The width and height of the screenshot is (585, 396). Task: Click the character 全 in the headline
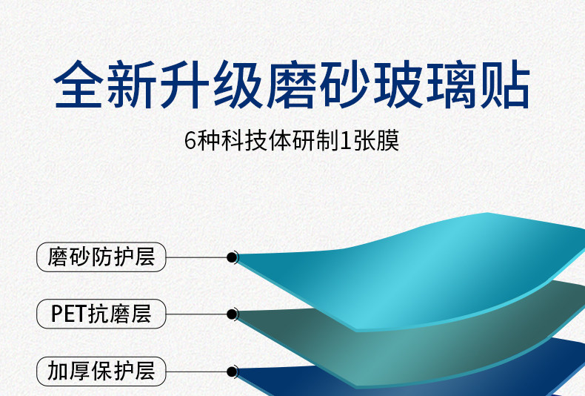[78, 85]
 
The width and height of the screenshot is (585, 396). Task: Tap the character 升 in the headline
[184, 85]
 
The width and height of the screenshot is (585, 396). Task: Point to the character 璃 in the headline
[452, 85]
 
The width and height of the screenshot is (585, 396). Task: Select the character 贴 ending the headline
[505, 85]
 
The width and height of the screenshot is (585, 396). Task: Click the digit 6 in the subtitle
[190, 141]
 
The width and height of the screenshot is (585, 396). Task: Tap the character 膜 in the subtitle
[388, 141]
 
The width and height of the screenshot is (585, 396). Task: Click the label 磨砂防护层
[101, 257]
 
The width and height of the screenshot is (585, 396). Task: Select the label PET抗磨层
[101, 314]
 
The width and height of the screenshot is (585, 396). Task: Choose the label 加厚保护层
[101, 372]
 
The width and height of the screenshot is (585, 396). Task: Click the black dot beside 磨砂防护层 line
[232, 257]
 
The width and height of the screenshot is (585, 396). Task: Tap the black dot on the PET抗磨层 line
[232, 314]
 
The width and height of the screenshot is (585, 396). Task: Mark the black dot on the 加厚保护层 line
[232, 372]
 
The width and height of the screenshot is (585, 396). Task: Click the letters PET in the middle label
[69, 314]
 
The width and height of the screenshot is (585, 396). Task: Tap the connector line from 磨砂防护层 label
[196, 257]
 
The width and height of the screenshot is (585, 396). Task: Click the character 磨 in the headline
[291, 85]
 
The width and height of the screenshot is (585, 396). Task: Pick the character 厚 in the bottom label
[79, 372]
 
